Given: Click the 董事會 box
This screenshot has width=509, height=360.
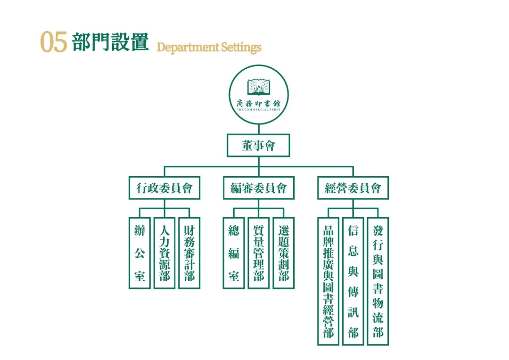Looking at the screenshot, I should coord(258,146).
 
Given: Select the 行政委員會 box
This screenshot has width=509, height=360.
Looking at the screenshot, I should coord(164,188).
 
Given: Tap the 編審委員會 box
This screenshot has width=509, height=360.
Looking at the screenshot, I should coord(258,188).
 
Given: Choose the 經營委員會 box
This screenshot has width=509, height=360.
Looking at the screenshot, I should coord(353,188).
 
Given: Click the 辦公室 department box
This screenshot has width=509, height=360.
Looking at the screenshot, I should coord(140,253).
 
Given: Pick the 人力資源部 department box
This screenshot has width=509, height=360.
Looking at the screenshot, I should coord(164,253).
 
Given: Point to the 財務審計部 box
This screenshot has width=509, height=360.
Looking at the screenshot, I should coord(189,253).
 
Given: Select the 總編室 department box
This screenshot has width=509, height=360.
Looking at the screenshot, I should coord(234,253).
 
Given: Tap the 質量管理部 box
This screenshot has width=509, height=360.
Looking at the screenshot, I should coord(259,253).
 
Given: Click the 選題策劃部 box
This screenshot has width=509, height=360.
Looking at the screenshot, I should coord(283,253).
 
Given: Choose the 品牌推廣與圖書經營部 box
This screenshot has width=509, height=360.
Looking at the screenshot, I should coord(328,281).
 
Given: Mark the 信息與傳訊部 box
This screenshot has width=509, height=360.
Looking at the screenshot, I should coord(353,281).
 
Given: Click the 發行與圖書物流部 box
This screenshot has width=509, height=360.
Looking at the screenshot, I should coord(378,281).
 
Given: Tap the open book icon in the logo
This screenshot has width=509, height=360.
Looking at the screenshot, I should coord(259,87).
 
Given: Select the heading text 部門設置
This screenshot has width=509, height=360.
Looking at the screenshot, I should coord(110,42).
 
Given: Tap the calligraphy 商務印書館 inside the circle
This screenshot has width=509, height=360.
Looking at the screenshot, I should coord(259,103).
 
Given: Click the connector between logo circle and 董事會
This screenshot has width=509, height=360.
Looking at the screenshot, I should coord(258,130).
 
